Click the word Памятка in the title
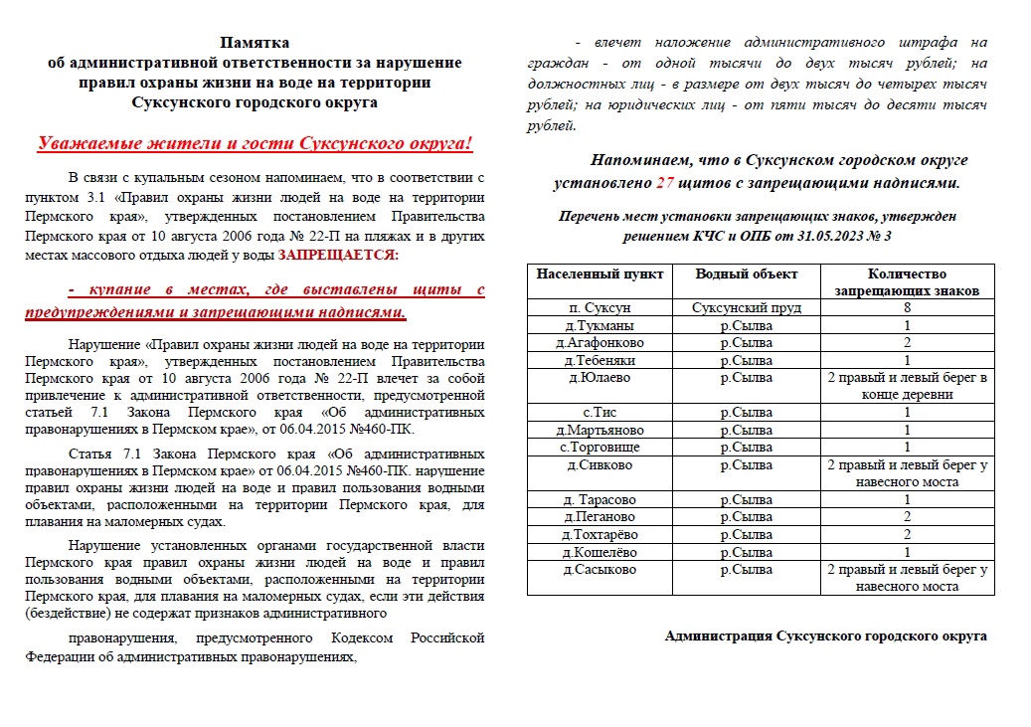coord(255,43)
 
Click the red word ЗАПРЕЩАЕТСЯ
coord(337,256)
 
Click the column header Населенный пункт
coord(599,273)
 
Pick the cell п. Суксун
coord(599,308)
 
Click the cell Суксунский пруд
coord(746,308)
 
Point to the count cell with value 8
coord(907,308)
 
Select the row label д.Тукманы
coord(599,325)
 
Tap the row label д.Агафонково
coord(599,342)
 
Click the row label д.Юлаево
coord(599,377)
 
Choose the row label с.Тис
coord(599,412)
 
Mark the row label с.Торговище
coord(599,447)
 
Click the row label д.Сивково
coord(599,464)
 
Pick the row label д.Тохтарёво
coord(599,534)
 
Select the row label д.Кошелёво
coord(599,552)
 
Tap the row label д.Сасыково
coord(599,570)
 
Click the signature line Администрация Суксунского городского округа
coord(825,636)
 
